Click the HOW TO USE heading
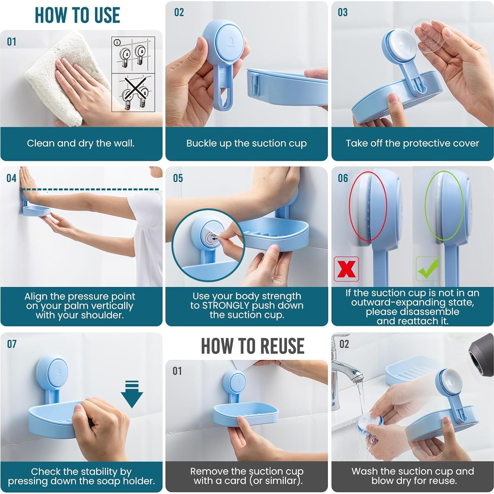[77, 15]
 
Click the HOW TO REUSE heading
[253, 346]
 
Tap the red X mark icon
[346, 269]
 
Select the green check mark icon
[428, 269]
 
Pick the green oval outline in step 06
[444, 205]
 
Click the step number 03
[343, 13]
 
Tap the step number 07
[12, 344]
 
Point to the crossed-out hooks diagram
[133, 92]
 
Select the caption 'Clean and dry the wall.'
[81, 143]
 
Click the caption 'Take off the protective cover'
[412, 143]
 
